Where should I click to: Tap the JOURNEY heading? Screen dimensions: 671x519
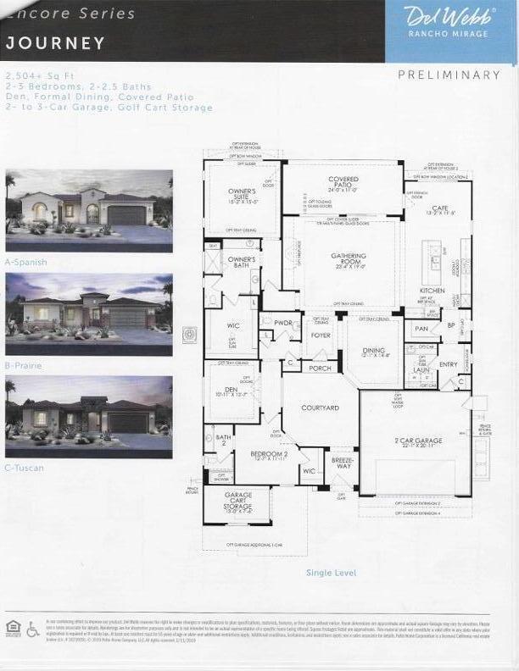coord(56,43)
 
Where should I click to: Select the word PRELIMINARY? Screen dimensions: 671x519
coord(449,75)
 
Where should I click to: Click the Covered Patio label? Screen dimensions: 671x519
coord(343,182)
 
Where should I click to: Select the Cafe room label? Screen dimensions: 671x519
coord(438,209)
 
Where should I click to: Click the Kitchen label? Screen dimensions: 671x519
coord(432,291)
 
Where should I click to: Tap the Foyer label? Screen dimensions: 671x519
coord(321,335)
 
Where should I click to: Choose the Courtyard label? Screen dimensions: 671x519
coord(320,408)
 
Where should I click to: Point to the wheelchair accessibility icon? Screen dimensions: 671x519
coord(33,629)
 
